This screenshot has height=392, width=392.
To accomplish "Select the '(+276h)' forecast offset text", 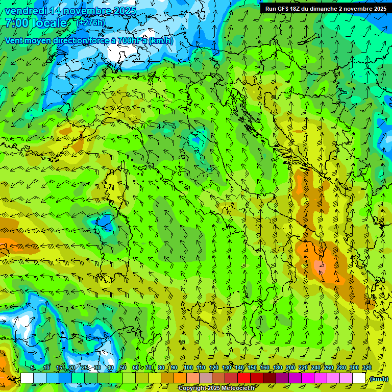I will [x=90, y=22].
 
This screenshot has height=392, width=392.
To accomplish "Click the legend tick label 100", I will [x=188, y=367].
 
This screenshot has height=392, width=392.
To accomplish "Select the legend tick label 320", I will [x=366, y=367].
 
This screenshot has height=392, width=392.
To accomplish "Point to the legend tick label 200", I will [x=290, y=367].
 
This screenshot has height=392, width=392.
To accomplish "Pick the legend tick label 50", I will [x=123, y=367].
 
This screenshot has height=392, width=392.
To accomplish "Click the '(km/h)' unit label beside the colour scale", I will [x=379, y=379].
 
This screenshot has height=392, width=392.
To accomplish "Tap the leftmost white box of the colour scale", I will [x=27, y=378].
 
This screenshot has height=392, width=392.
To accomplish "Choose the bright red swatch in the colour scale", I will [x=244, y=378].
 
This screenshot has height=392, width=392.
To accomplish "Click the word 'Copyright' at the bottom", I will [x=193, y=388].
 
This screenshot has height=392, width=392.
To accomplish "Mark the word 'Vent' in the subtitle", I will [x=15, y=40].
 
